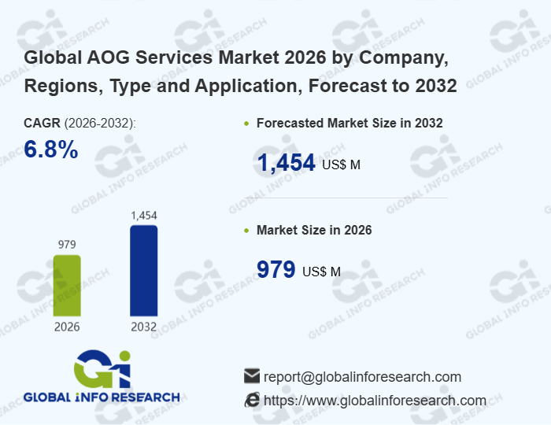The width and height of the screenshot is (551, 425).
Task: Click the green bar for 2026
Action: [67, 285]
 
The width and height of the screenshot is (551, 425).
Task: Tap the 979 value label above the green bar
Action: [67, 245]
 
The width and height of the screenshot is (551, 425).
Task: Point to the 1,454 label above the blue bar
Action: [143, 215]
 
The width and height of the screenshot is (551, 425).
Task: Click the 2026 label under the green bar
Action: [67, 327]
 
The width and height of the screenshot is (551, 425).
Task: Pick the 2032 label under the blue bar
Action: [143, 327]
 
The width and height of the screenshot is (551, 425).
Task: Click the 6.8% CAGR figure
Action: [51, 150]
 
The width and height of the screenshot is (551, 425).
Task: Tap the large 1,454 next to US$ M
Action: [287, 163]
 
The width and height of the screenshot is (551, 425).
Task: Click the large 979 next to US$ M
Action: [276, 270]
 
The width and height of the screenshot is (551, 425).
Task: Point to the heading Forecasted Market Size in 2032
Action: [349, 123]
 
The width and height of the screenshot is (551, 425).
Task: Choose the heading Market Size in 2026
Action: [314, 230]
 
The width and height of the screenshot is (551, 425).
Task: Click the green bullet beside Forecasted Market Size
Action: [247, 124]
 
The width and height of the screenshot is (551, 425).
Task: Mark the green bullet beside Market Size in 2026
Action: [247, 231]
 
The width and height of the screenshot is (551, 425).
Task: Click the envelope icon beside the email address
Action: [252, 376]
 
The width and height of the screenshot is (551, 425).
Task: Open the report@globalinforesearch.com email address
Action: [362, 376]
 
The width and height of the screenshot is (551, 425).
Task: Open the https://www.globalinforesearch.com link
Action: [375, 400]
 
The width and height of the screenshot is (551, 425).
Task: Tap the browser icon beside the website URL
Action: [252, 400]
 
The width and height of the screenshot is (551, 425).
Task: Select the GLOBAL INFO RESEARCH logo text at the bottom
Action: [102, 397]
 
